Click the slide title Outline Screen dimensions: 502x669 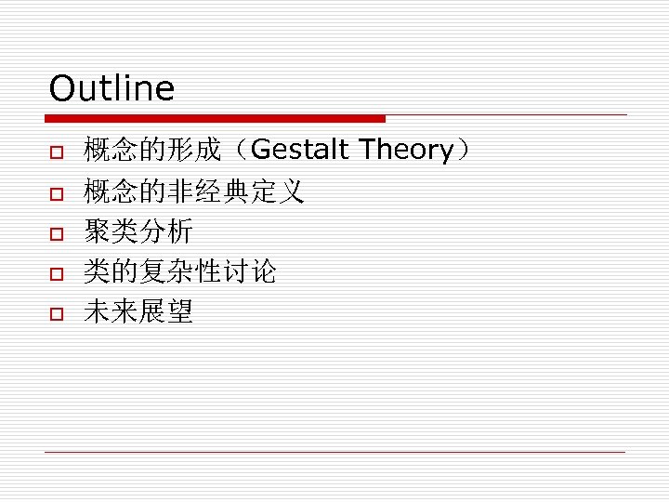111,89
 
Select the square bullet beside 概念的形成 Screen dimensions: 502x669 56,152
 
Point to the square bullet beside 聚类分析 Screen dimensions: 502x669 56,233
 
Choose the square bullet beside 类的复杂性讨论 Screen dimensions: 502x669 56,273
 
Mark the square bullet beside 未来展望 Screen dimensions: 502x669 56,314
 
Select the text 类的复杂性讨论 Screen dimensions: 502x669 179,272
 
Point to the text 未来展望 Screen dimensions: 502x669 138,312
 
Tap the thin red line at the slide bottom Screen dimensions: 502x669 334,452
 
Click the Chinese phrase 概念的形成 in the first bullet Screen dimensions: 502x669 151,150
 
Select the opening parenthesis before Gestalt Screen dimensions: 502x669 238,150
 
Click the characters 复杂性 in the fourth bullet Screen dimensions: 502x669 179,272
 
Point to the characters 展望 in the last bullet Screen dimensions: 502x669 165,312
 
